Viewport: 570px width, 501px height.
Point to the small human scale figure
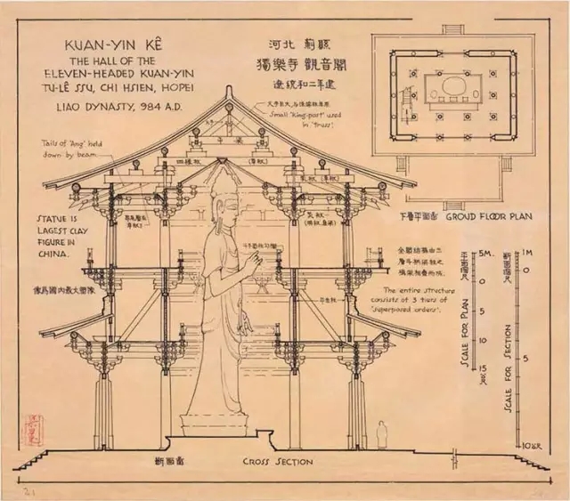point(381,434)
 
